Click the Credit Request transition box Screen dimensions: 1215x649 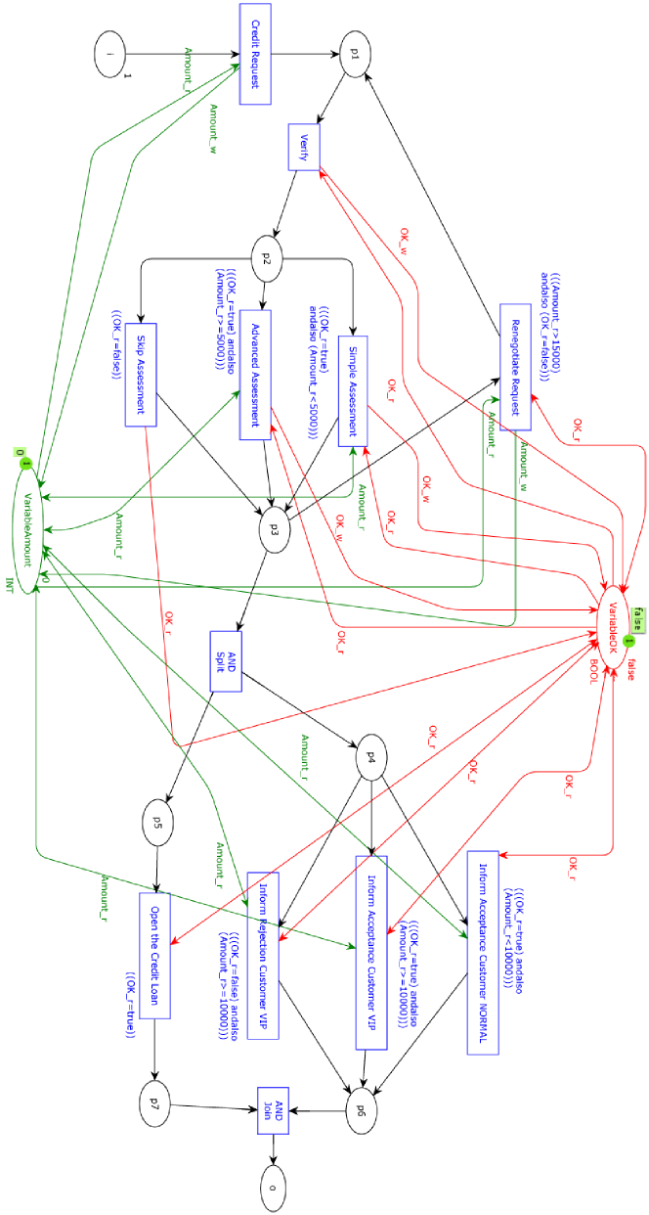click(x=255, y=54)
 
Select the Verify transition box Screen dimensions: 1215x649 click(x=304, y=147)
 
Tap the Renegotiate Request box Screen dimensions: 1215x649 click(x=515, y=367)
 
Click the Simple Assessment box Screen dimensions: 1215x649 click(x=353, y=391)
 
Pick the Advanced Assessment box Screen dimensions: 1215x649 click(x=255, y=375)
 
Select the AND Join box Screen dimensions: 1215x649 click(x=274, y=1110)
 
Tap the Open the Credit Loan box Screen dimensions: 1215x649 click(x=154, y=955)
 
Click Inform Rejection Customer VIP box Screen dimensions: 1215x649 click(x=263, y=955)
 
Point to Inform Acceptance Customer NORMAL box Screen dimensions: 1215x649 click(x=483, y=952)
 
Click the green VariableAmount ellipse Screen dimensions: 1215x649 click(x=28, y=529)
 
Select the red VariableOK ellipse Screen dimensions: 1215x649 click(x=613, y=627)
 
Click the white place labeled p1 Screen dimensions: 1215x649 click(x=355, y=55)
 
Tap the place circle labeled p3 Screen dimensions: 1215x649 click(x=275, y=529)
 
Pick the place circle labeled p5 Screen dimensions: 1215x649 click(x=157, y=823)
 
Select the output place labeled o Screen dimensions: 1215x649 click(x=275, y=1189)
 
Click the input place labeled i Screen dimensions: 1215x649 click(x=109, y=54)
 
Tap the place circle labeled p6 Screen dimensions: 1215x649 click(x=361, y=1110)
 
